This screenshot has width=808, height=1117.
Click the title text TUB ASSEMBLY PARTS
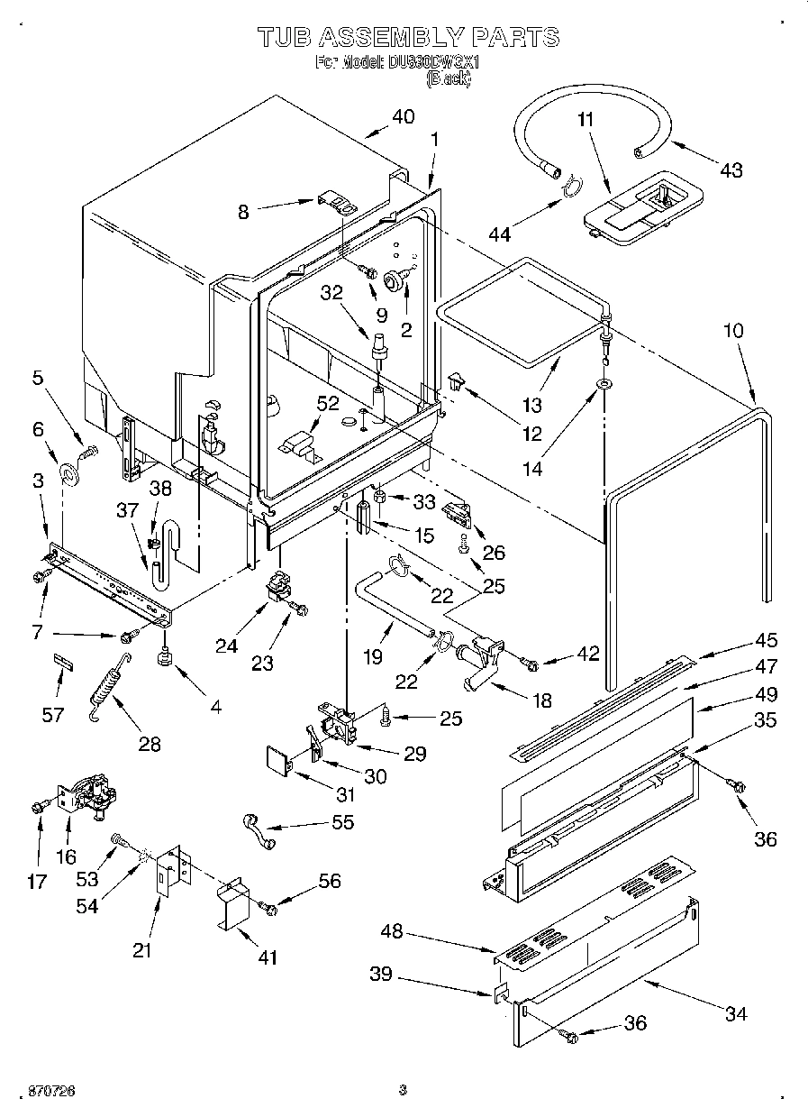(x=408, y=37)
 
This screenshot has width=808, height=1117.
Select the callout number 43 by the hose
(x=731, y=169)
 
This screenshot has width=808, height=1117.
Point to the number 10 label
(x=733, y=331)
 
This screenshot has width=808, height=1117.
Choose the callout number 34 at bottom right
(x=736, y=1014)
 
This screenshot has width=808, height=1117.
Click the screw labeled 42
(x=530, y=665)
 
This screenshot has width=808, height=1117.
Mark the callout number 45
(x=766, y=640)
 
